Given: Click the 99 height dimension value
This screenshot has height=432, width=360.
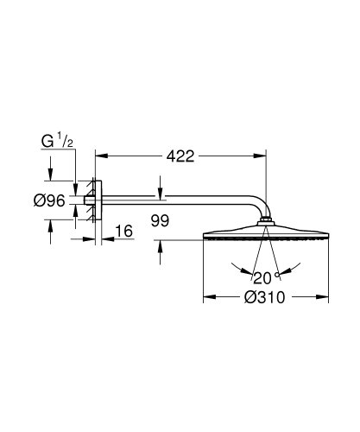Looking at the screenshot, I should (x=160, y=220).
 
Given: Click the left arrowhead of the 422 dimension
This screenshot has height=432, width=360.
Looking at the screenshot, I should (x=98, y=157).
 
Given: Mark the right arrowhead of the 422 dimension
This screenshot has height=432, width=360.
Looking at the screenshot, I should (x=262, y=157).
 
